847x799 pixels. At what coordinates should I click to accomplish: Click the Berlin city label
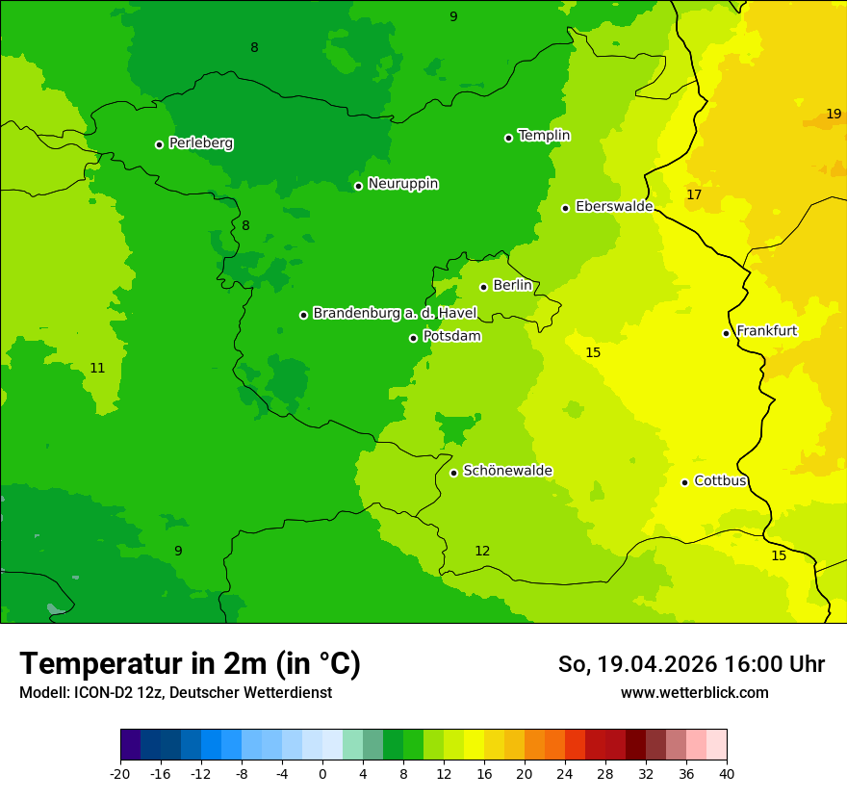[x=512, y=286]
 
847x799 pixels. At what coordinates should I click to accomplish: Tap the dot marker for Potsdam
[x=413, y=338]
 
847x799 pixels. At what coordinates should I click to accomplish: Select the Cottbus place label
[x=720, y=480]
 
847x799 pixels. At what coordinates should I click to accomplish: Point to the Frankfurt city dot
[x=726, y=333]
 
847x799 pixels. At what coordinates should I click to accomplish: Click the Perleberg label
[x=200, y=143]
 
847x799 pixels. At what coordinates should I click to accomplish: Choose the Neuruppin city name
[x=402, y=184]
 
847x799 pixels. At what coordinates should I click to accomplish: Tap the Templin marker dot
[x=508, y=138]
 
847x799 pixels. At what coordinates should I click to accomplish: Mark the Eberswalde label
[x=613, y=207]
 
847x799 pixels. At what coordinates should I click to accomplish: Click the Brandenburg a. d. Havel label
[x=395, y=313]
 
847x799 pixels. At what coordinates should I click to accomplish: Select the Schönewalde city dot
[x=453, y=473]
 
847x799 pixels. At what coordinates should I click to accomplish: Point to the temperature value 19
[x=834, y=114]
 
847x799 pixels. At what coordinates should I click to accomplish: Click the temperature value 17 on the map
[x=694, y=195]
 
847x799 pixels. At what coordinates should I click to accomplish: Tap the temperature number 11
[x=97, y=369]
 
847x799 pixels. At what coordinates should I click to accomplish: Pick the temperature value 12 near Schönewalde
[x=482, y=552]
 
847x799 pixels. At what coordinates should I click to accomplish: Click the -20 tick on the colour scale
[x=120, y=774]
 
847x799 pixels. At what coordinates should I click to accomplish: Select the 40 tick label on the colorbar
[x=727, y=774]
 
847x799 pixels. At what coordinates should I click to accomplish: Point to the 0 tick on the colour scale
[x=322, y=774]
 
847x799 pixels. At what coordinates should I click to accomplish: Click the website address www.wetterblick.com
[x=694, y=693]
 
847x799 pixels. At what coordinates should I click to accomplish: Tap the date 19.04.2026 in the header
[x=657, y=664]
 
